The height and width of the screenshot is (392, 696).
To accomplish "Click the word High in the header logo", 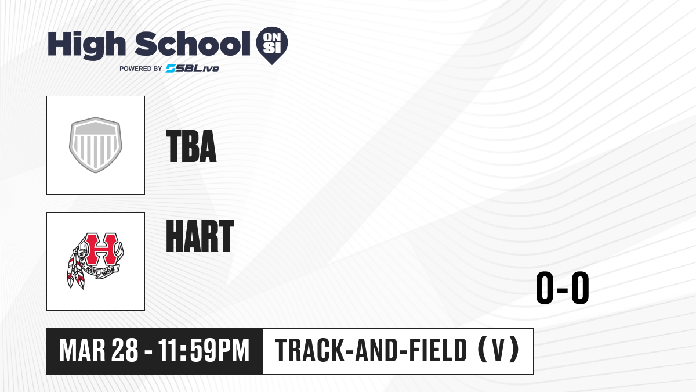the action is (x=86, y=45).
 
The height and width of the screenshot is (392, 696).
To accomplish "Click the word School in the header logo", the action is (x=193, y=43).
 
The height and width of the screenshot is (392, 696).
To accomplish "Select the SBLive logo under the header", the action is (x=193, y=68).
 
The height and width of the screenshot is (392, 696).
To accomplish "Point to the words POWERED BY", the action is (x=141, y=69).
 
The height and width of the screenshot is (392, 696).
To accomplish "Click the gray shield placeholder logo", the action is (x=96, y=145).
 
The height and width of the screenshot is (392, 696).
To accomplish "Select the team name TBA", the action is (x=191, y=146).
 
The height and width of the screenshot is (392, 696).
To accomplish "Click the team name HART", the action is (x=200, y=236).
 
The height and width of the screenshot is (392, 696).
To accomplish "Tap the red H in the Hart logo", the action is (x=101, y=249).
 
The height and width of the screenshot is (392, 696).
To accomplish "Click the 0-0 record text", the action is (x=563, y=287).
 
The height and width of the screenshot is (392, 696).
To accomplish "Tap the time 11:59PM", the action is (x=204, y=350).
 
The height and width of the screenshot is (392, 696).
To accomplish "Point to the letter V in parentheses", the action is (x=498, y=350).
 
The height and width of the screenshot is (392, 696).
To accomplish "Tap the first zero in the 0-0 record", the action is (x=545, y=287).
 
